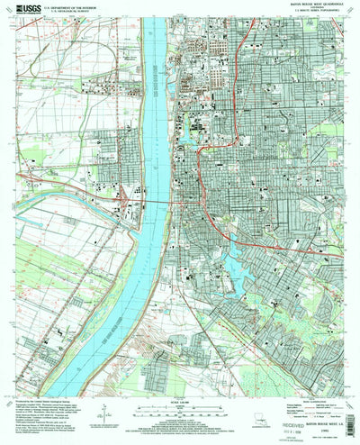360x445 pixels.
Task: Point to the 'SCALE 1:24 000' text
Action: [180, 387]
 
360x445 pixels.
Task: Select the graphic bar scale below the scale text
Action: [180, 395]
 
